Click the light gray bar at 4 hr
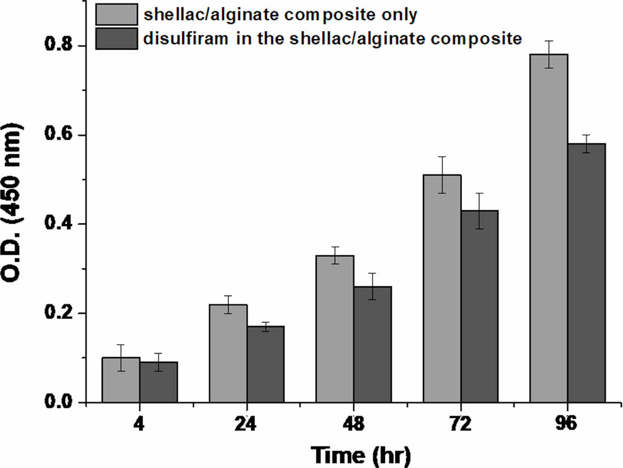tap(121, 380)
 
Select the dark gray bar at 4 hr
tap(159, 382)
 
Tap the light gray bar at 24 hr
tap(228, 353)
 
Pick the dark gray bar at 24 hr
tap(266, 364)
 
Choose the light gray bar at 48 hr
tap(335, 329)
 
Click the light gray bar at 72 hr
tap(442, 288)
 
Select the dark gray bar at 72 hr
tap(479, 306)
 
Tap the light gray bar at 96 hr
tap(548, 228)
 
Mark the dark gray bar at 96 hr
tap(586, 272)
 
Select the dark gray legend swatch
tap(116, 38)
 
